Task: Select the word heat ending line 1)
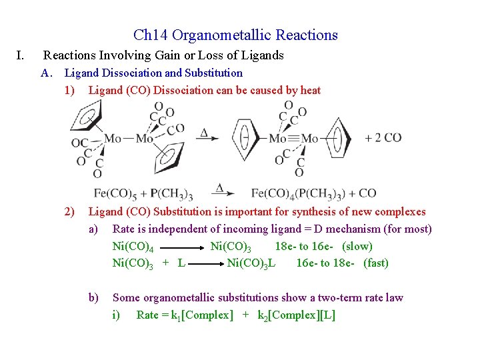tap(310, 90)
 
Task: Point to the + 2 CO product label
tap(383, 138)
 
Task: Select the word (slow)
tap(357, 246)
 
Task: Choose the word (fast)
tap(376, 263)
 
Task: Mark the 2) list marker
tap(69, 212)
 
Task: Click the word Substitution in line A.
tap(214, 73)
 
